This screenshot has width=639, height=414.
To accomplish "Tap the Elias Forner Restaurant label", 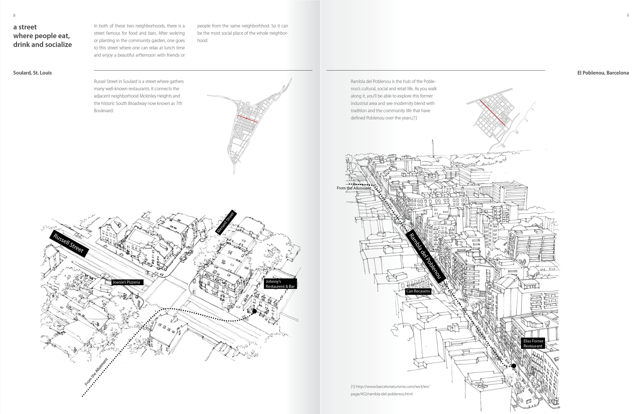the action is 533,343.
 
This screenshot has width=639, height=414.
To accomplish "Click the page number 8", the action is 14,15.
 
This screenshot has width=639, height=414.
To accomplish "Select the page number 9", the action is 628,15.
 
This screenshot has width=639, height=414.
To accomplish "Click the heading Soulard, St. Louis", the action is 32,73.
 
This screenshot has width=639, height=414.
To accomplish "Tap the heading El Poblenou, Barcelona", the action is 603,73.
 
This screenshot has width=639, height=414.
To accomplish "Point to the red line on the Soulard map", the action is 248,119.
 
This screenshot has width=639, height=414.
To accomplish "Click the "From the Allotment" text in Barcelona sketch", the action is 354,188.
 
